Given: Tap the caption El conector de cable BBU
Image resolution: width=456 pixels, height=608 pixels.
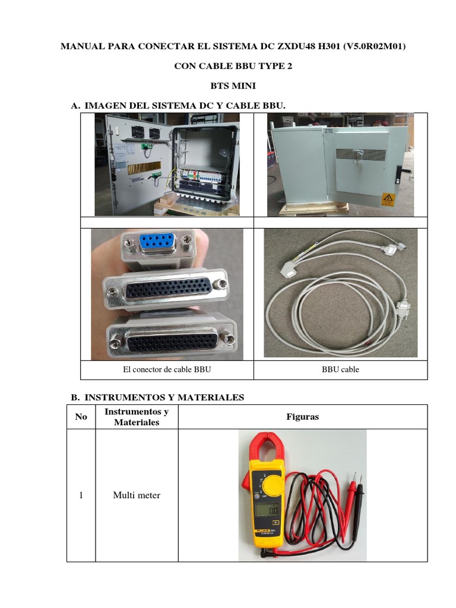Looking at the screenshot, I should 167,369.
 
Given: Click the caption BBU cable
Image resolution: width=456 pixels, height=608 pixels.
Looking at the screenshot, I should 340,369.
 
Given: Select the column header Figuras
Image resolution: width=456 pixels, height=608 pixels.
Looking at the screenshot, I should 302,417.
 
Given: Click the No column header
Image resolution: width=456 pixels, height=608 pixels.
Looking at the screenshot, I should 81,417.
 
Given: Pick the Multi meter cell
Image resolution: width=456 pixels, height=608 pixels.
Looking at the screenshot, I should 137,495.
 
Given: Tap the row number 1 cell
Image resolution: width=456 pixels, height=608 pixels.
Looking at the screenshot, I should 81,495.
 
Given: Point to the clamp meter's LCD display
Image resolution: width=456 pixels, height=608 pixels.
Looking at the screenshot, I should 265,510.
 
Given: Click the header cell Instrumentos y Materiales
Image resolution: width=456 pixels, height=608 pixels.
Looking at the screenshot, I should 137,417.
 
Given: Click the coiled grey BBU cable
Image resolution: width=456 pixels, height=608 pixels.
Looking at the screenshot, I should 332,309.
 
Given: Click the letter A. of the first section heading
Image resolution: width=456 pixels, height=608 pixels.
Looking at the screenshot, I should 75,105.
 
